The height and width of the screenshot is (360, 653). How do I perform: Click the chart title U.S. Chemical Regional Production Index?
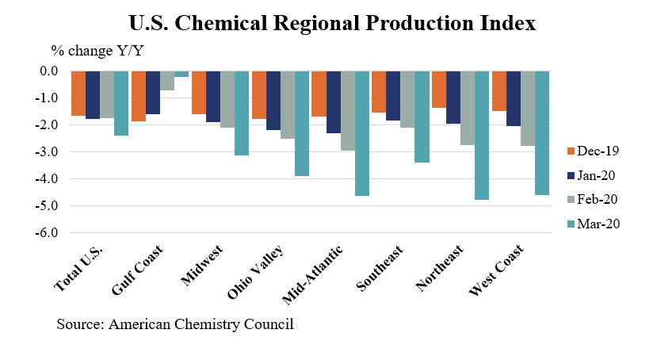(326, 23)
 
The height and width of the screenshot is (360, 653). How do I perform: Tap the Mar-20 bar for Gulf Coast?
(181, 74)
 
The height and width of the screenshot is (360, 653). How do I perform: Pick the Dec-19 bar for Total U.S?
(78, 94)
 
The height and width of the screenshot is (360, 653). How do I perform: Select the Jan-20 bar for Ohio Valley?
(273, 101)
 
